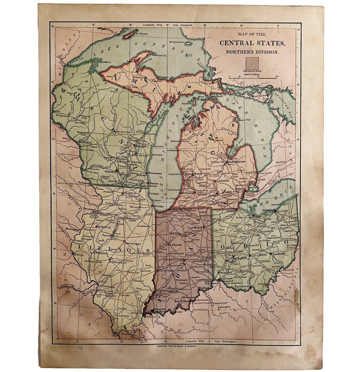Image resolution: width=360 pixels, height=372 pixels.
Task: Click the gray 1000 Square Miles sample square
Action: [x=252, y=62]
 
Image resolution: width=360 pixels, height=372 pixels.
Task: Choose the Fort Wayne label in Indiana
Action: [x=195, y=228]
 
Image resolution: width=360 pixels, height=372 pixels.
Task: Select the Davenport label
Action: [x=88, y=209]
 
